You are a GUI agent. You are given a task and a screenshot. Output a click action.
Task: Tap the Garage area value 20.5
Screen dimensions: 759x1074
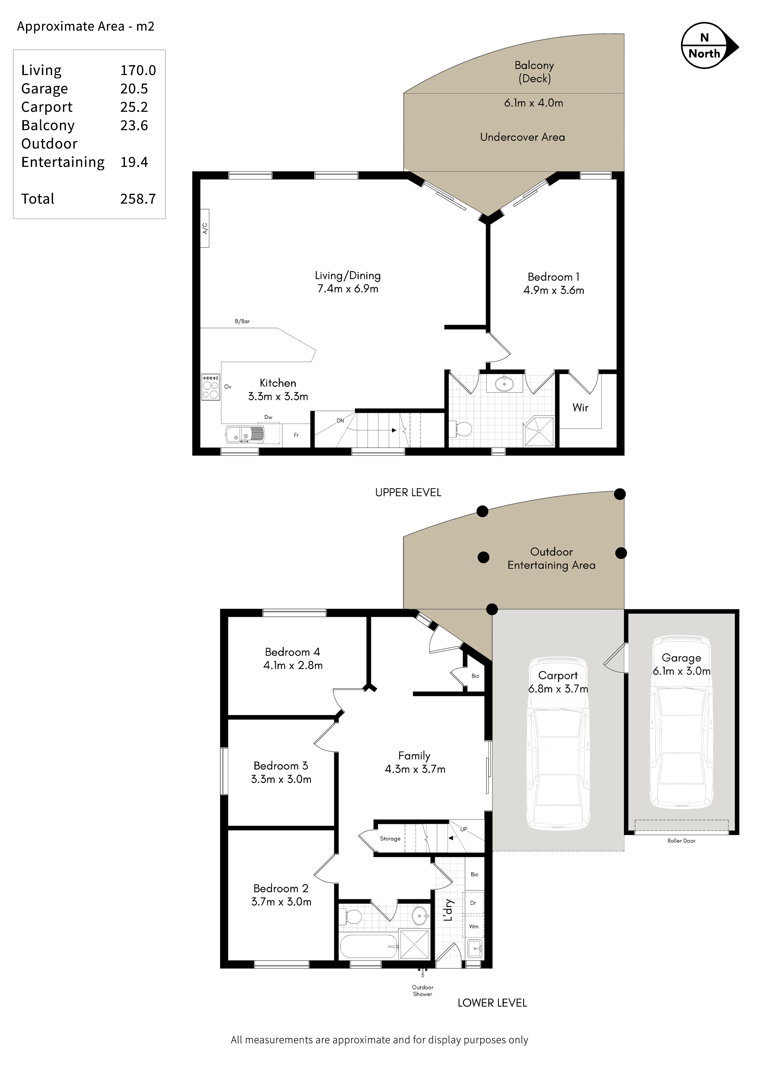pos(134,88)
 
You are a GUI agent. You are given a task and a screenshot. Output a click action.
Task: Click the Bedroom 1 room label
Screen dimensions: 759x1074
pos(554,277)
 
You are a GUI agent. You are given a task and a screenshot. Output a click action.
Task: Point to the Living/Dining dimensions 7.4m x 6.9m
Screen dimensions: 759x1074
pos(348,289)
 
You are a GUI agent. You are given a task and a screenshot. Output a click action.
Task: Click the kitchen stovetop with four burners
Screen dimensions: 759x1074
pos(211,387)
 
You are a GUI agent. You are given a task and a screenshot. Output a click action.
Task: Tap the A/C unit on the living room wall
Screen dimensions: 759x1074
pos(204,228)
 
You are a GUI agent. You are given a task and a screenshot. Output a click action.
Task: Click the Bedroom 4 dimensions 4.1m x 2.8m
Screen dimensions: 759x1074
pos(293,665)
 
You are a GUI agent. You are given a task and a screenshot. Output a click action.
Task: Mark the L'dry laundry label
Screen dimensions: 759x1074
pos(448,910)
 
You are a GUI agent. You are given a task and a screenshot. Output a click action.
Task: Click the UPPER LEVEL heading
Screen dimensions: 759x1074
pos(408,493)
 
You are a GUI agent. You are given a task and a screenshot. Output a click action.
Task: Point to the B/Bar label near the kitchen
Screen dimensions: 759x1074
pos(242,321)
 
